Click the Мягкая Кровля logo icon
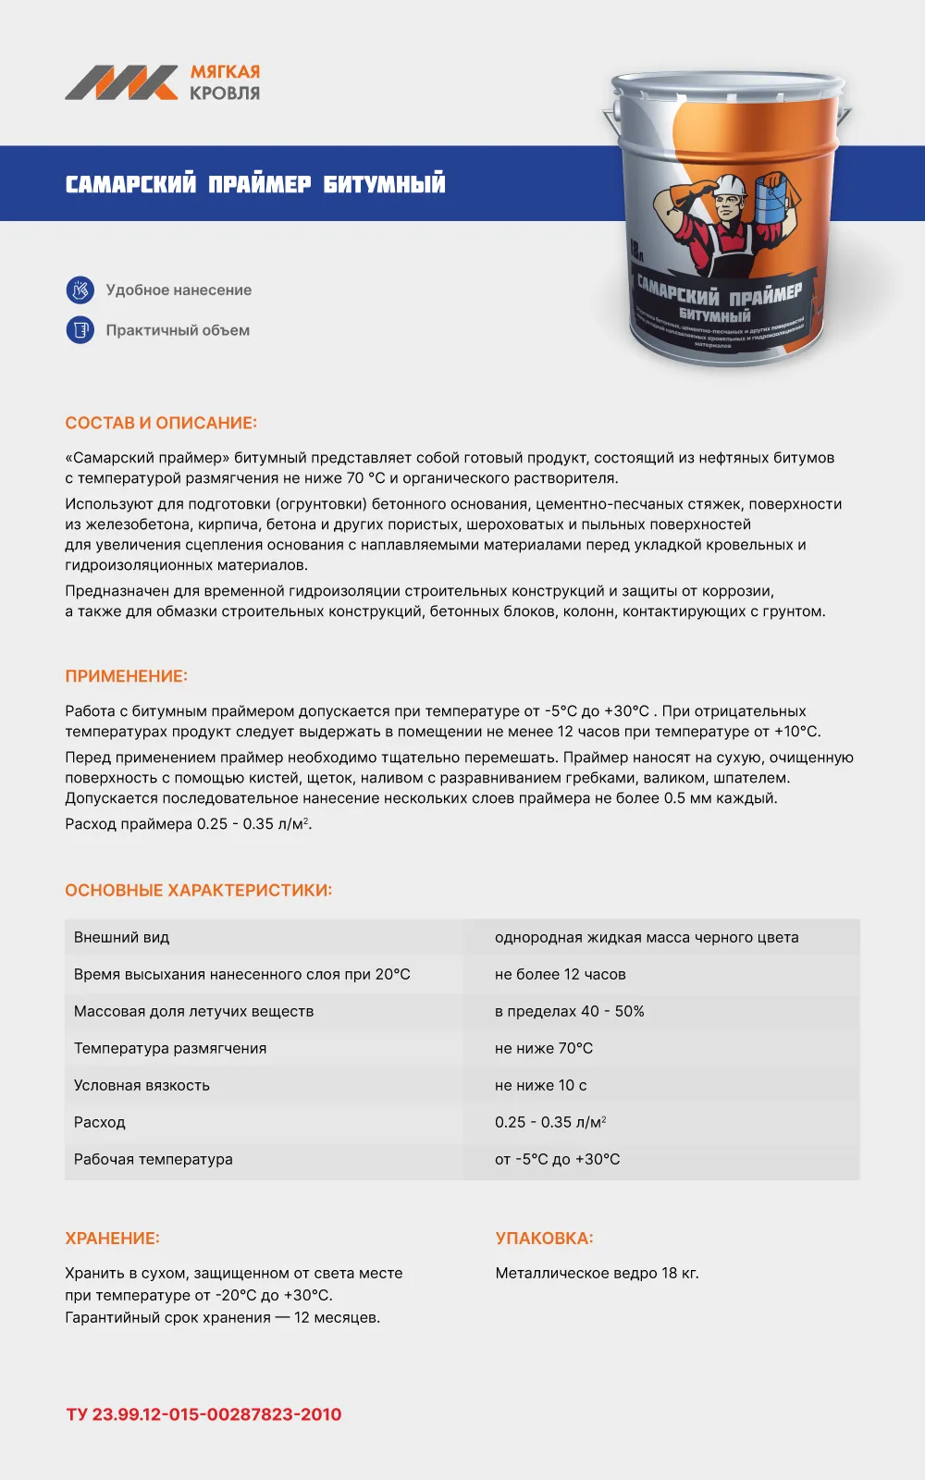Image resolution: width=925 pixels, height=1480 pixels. pos(121,82)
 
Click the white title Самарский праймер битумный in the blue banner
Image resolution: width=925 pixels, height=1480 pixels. pos(255,183)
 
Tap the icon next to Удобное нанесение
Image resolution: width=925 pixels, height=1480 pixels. pos(80,290)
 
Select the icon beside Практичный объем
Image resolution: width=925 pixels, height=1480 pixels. pos(80,329)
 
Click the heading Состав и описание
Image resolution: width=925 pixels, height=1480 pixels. pos(161,423)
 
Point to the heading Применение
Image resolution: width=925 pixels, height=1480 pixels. pos(126,676)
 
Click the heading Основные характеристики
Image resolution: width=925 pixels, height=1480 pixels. pos(198,890)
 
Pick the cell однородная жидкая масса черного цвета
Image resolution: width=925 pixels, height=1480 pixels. pos(647,937)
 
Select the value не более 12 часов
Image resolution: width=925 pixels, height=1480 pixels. pos(560,974)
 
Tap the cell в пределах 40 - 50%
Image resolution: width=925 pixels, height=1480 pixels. pos(569,1011)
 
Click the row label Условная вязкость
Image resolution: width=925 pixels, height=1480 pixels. pos(142,1085)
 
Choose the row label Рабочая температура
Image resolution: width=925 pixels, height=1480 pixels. pos(154,1159)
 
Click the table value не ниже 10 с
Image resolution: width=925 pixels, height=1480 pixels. pos(540,1085)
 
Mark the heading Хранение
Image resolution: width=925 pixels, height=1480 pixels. pos(112,1238)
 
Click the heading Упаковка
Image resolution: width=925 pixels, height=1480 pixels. pos(544,1238)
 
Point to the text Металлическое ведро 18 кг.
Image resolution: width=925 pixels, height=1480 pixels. pos(597,1273)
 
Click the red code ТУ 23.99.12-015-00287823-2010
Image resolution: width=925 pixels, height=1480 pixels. pos(203,1413)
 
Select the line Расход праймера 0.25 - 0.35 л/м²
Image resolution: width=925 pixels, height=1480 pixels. pos(188,823)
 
